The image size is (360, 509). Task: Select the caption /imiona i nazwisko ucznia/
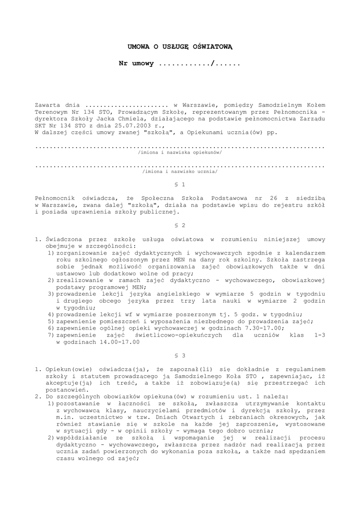coord(180,171)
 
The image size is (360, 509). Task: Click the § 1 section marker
coord(180,184)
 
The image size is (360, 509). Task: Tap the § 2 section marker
coord(180,225)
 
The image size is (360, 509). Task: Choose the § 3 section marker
coord(180,355)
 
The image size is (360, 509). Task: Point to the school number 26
coord(272,198)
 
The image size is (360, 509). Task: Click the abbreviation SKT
coord(41,126)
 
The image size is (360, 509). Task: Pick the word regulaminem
coord(304,369)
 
